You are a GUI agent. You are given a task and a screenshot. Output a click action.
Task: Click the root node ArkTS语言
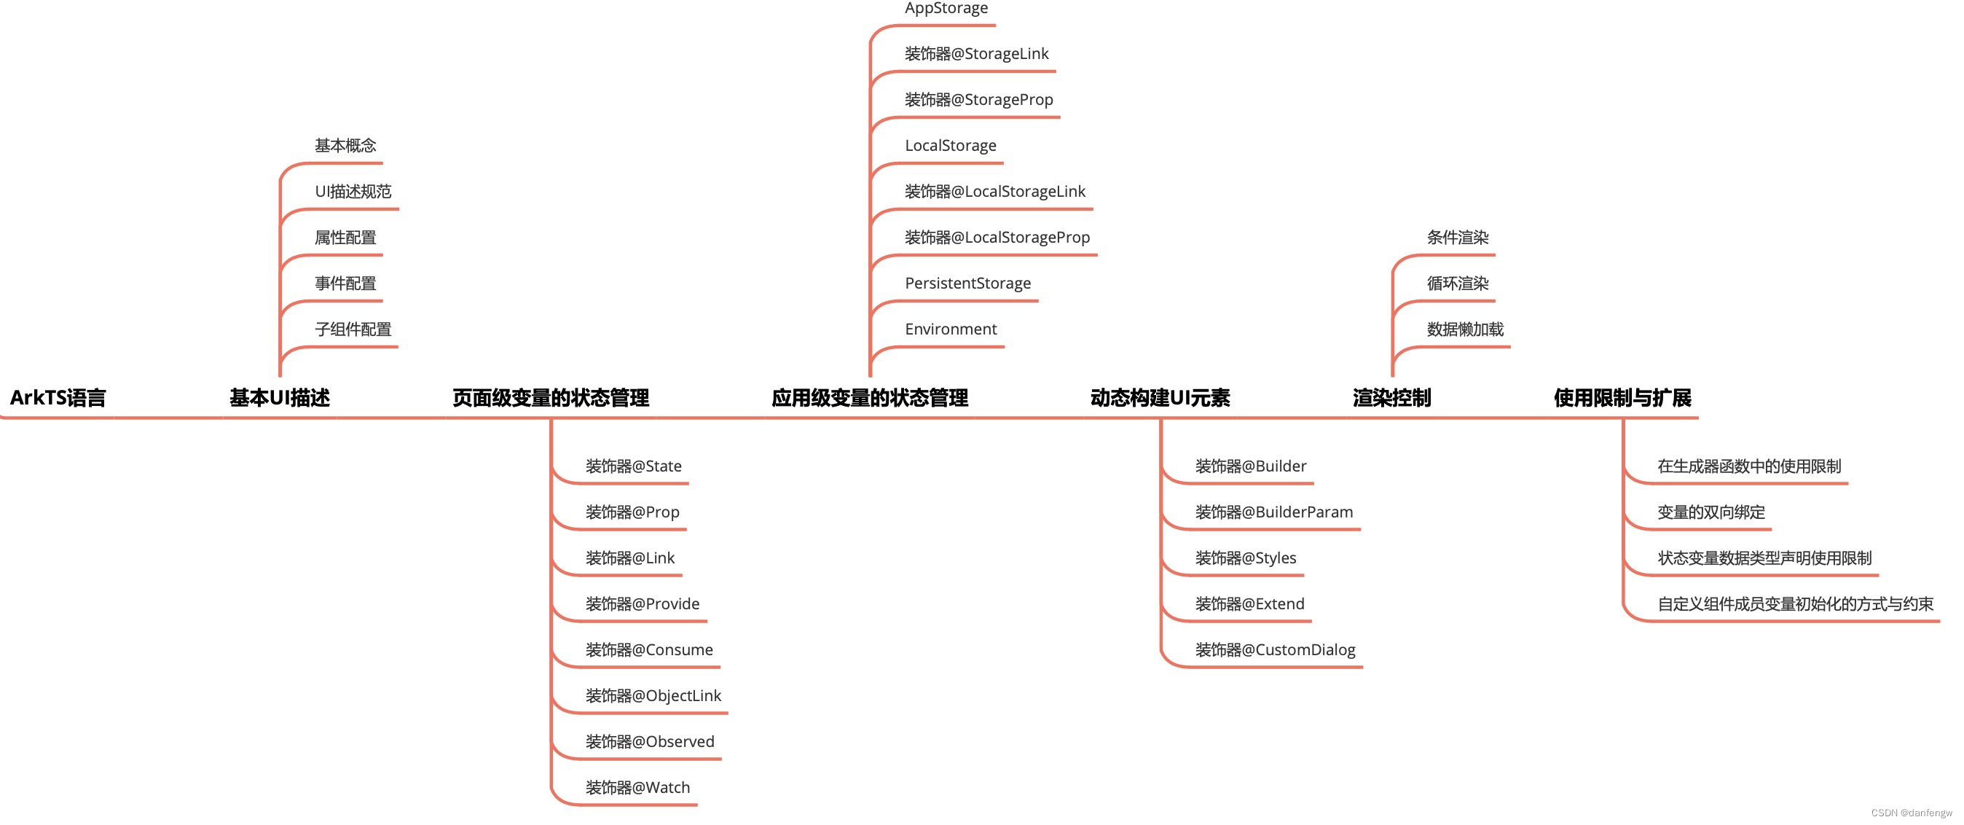(x=58, y=397)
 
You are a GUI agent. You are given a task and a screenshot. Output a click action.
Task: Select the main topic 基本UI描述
(x=280, y=397)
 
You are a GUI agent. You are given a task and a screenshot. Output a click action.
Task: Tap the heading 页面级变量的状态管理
(x=551, y=397)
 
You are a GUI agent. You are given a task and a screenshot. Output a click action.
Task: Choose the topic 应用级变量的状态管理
(x=870, y=397)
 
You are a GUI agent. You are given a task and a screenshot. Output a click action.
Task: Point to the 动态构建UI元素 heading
(x=1160, y=397)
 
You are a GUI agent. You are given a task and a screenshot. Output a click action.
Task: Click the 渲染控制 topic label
(x=1391, y=397)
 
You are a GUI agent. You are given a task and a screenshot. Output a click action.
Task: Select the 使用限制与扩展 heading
(x=1622, y=397)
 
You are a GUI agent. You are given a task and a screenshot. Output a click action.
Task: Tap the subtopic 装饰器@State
(x=634, y=466)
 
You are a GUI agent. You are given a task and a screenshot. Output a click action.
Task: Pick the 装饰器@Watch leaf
(x=637, y=787)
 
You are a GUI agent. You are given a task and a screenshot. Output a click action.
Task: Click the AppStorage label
(x=946, y=9)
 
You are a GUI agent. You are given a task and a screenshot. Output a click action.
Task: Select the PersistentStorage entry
(x=967, y=283)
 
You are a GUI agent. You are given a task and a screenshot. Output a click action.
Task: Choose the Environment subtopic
(x=951, y=329)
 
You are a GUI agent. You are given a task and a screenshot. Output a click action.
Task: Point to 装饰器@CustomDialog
(x=1275, y=649)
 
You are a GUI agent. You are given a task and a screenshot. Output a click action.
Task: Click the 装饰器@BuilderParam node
(x=1274, y=512)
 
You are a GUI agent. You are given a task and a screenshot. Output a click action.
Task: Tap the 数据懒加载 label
(x=1464, y=329)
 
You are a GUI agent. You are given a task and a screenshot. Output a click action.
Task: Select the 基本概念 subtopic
(x=345, y=145)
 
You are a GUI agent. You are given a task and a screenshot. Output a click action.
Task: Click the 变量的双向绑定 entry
(x=1711, y=512)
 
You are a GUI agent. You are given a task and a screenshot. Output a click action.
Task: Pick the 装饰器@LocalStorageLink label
(x=995, y=192)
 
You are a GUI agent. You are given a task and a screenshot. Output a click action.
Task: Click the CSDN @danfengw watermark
(x=1912, y=813)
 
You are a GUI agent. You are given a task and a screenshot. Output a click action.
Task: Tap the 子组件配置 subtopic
(x=353, y=329)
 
